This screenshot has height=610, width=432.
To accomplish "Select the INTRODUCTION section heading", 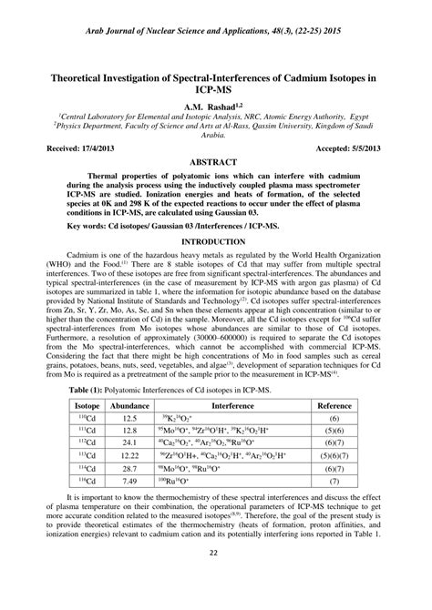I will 216,240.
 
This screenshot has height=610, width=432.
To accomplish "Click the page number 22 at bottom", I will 215,577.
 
